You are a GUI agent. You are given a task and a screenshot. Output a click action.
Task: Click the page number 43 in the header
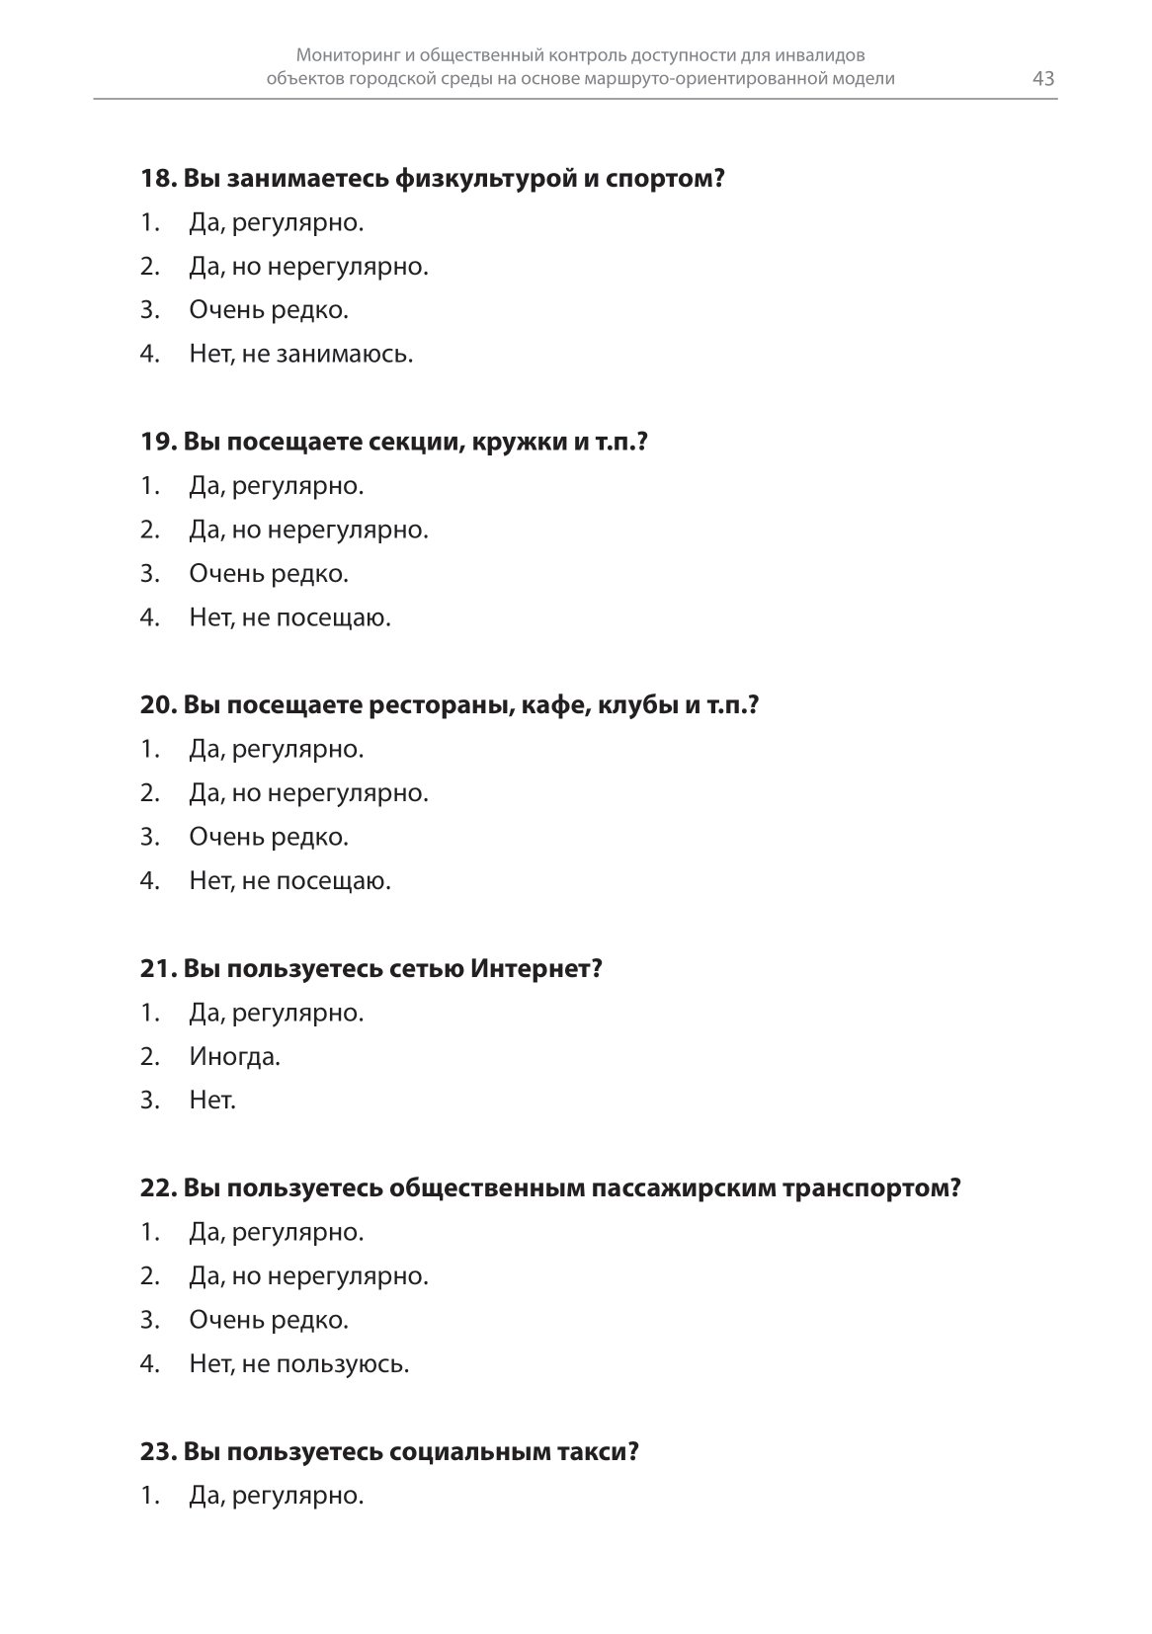pos(1043,79)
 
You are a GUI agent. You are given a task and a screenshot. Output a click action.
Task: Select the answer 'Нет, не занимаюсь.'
pos(300,354)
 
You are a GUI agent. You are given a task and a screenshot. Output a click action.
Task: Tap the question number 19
pos(158,442)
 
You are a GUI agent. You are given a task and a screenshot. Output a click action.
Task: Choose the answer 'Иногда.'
pos(234,1056)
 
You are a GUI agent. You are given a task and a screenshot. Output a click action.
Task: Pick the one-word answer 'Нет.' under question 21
pos(212,1100)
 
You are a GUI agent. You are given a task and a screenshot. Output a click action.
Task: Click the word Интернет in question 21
pos(535,968)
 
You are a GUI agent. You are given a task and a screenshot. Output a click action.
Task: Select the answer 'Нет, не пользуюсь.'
pos(298,1364)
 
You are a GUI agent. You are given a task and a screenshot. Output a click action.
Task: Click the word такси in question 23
pos(602,1452)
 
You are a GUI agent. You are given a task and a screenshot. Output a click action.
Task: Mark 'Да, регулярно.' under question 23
pos(276,1496)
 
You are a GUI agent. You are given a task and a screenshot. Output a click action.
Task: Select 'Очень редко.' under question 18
pos(269,310)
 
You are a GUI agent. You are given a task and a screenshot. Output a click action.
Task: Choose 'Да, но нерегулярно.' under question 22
pos(308,1276)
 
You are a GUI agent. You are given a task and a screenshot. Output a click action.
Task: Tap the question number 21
pos(158,968)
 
